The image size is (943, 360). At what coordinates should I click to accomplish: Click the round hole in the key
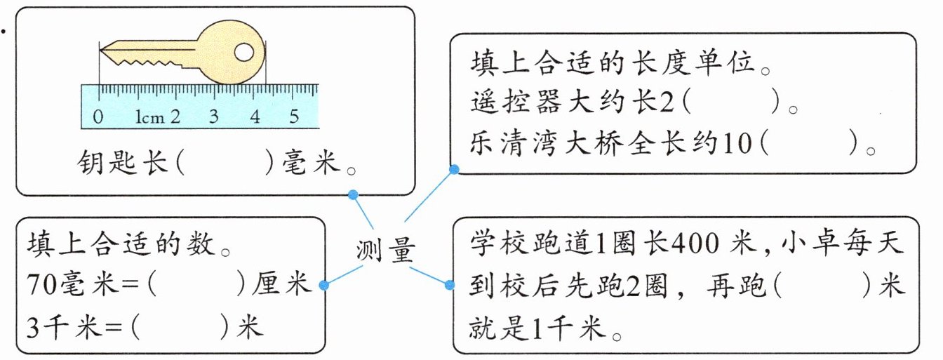pos(243,51)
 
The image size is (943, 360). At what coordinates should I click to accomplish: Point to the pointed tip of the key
pos(102,50)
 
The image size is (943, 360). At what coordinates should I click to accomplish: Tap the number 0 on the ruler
pos(98,116)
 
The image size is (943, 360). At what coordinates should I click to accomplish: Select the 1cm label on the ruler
pos(149,116)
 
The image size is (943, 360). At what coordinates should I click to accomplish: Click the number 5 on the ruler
pos(295,116)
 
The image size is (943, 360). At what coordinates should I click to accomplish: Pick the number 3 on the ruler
pos(213,116)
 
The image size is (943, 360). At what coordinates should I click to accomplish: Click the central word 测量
pos(386,249)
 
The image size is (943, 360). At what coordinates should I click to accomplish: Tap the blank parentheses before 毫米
pos(225,164)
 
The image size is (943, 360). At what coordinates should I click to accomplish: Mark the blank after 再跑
pos(821,287)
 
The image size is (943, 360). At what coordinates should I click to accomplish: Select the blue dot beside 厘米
pos(323,285)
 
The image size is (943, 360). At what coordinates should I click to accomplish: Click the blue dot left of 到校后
pos(450,285)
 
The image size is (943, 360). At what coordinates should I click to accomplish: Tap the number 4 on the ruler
pos(254,116)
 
